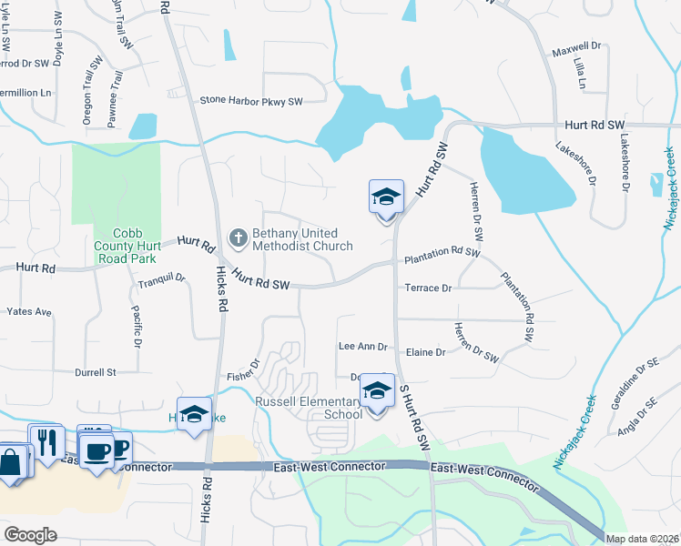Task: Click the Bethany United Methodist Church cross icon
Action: [x=238, y=238]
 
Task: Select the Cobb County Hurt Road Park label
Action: [x=127, y=246]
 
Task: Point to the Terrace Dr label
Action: [x=428, y=288]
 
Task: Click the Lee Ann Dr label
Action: [x=363, y=347]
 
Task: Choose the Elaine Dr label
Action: [x=425, y=352]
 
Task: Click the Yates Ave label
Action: [x=29, y=311]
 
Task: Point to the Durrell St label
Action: [x=96, y=372]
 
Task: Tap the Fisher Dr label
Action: [x=243, y=366]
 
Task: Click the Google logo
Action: [x=30, y=534]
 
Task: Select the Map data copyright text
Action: [x=642, y=538]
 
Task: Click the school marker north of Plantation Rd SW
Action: [x=386, y=197]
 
